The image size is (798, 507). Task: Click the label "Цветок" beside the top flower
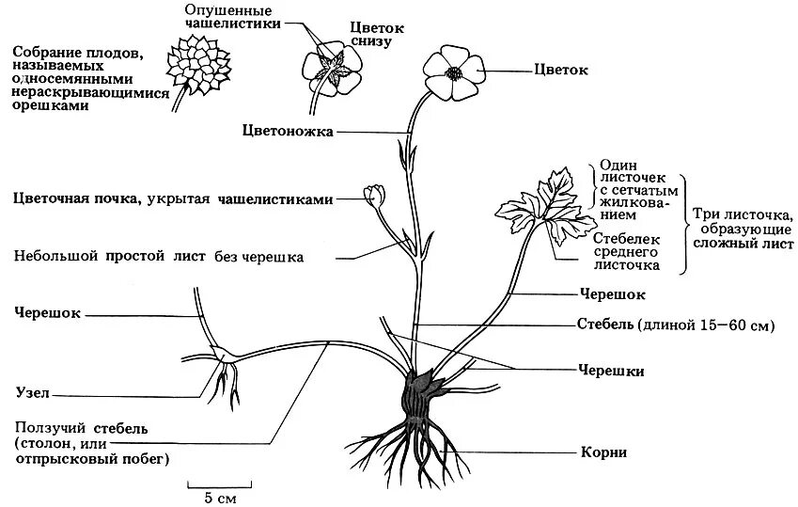point(561,70)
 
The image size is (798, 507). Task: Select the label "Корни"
point(603,453)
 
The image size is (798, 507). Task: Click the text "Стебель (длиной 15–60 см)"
point(675,325)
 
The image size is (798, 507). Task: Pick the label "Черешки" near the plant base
point(612,371)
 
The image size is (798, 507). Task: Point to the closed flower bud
point(376,195)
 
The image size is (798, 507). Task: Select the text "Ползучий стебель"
point(82,428)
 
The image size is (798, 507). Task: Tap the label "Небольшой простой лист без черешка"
point(159,256)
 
